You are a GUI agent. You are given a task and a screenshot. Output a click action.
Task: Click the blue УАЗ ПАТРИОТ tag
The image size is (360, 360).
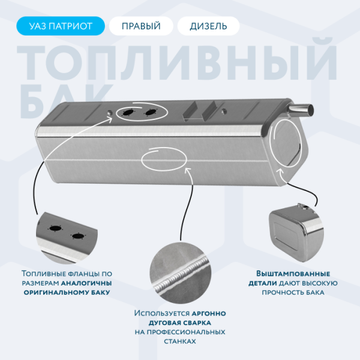(61, 26)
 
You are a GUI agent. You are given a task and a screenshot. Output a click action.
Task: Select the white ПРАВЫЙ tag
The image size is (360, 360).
(141, 26)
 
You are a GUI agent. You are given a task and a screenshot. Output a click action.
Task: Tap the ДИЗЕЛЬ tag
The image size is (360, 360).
(208, 26)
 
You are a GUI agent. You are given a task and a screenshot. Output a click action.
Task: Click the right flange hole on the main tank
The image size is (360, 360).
(149, 112)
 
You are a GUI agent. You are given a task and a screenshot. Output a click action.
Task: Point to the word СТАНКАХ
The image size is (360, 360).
(179, 340)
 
